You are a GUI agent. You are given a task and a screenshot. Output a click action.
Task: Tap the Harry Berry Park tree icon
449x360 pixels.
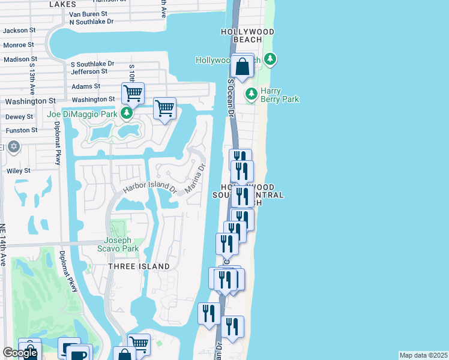251,94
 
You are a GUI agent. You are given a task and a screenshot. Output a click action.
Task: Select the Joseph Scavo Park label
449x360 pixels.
118,245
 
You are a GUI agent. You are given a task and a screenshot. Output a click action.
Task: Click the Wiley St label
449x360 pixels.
19,171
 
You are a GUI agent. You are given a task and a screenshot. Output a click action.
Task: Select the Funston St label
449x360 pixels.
21,130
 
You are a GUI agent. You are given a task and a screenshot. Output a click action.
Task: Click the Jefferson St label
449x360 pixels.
89,71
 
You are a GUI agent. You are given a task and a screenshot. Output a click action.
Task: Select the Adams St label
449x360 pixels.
82,86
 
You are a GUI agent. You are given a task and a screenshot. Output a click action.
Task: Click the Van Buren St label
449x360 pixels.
88,13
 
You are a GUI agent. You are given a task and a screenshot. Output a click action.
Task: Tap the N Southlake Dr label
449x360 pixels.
91,22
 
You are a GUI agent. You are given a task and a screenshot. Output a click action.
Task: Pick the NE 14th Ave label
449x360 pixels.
3,245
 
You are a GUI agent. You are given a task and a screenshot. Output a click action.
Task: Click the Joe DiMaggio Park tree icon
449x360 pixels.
126,113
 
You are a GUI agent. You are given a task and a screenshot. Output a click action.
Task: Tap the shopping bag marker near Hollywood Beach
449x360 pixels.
243,67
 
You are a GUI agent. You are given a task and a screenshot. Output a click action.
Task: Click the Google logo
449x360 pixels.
20,353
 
